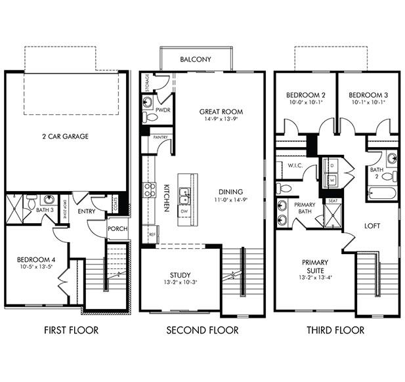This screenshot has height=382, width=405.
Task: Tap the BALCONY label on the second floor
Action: click(x=196, y=60)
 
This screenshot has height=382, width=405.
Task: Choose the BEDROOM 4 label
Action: click(x=36, y=260)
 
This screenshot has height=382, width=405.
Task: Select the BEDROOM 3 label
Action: click(x=368, y=94)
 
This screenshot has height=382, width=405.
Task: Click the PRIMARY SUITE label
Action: click(x=315, y=266)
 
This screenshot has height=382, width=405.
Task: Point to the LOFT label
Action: click(x=373, y=225)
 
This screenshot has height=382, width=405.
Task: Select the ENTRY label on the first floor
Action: click(x=87, y=211)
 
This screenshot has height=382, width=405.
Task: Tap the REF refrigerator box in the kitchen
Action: click(x=152, y=234)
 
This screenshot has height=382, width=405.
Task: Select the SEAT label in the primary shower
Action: click(x=333, y=201)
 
